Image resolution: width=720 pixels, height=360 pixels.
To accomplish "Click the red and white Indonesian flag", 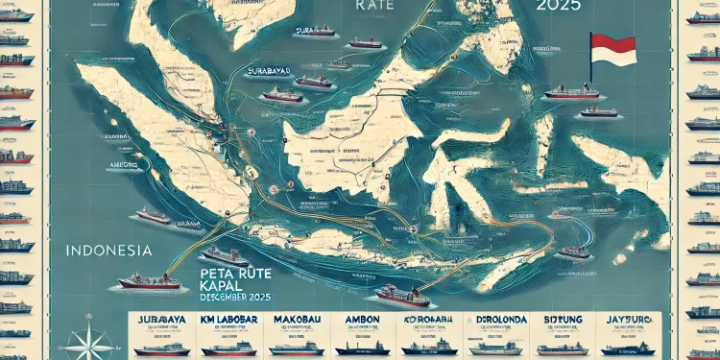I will pyautogui.click(x=612, y=49).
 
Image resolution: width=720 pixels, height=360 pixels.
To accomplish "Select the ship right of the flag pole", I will pyautogui.click(x=600, y=111).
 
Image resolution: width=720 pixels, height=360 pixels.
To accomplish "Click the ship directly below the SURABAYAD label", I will pyautogui.click(x=282, y=95).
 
